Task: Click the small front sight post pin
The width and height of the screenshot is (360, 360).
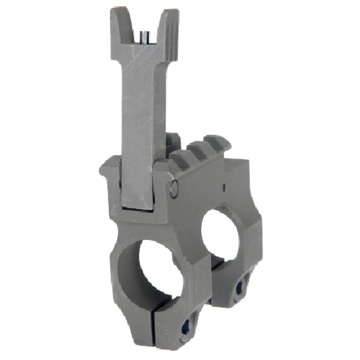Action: pyautogui.click(x=145, y=38)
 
